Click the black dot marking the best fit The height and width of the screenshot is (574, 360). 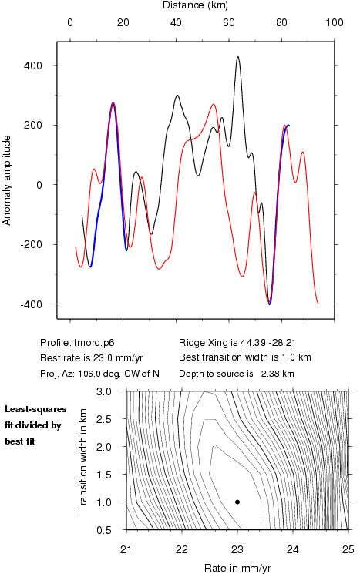[x=237, y=502]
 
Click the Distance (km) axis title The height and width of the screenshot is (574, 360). [x=195, y=5]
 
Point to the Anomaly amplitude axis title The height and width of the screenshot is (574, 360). [x=7, y=180]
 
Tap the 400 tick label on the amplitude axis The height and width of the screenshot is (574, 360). [x=33, y=66]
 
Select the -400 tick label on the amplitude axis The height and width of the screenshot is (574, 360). [x=32, y=304]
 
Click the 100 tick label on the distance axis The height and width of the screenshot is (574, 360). [x=335, y=22]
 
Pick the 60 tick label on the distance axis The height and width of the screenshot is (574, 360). [x=228, y=22]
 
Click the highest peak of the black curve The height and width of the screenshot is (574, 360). [x=237, y=57]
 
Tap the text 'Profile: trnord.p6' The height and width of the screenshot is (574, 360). [x=77, y=343]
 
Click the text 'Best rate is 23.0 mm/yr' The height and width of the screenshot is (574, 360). [x=91, y=358]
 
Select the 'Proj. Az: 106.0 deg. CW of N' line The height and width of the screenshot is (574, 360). [x=99, y=374]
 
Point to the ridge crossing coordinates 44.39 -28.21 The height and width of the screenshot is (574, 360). [x=268, y=343]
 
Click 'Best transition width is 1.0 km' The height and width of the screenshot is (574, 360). [x=245, y=357]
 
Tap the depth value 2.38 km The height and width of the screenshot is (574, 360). [x=278, y=374]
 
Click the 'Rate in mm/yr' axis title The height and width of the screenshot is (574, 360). [x=237, y=568]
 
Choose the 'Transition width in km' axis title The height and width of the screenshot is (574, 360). [x=83, y=460]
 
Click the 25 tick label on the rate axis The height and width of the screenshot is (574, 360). [x=348, y=550]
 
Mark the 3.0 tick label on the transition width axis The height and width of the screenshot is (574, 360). [x=103, y=391]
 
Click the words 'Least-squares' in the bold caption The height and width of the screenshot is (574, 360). [x=35, y=409]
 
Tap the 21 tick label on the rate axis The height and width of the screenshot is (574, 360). [x=126, y=550]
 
